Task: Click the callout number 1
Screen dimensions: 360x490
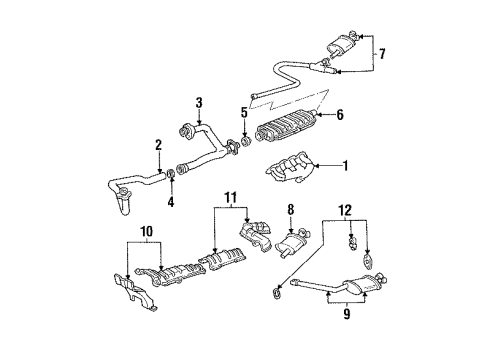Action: click(x=347, y=165)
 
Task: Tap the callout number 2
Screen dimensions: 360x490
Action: click(x=157, y=146)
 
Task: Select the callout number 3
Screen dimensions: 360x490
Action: click(x=199, y=102)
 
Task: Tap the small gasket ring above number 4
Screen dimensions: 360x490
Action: click(x=170, y=180)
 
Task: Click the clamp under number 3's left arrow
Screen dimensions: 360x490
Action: click(x=186, y=128)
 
